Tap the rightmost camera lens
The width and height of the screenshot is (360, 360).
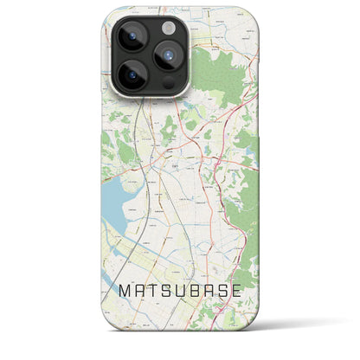[168, 56]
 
